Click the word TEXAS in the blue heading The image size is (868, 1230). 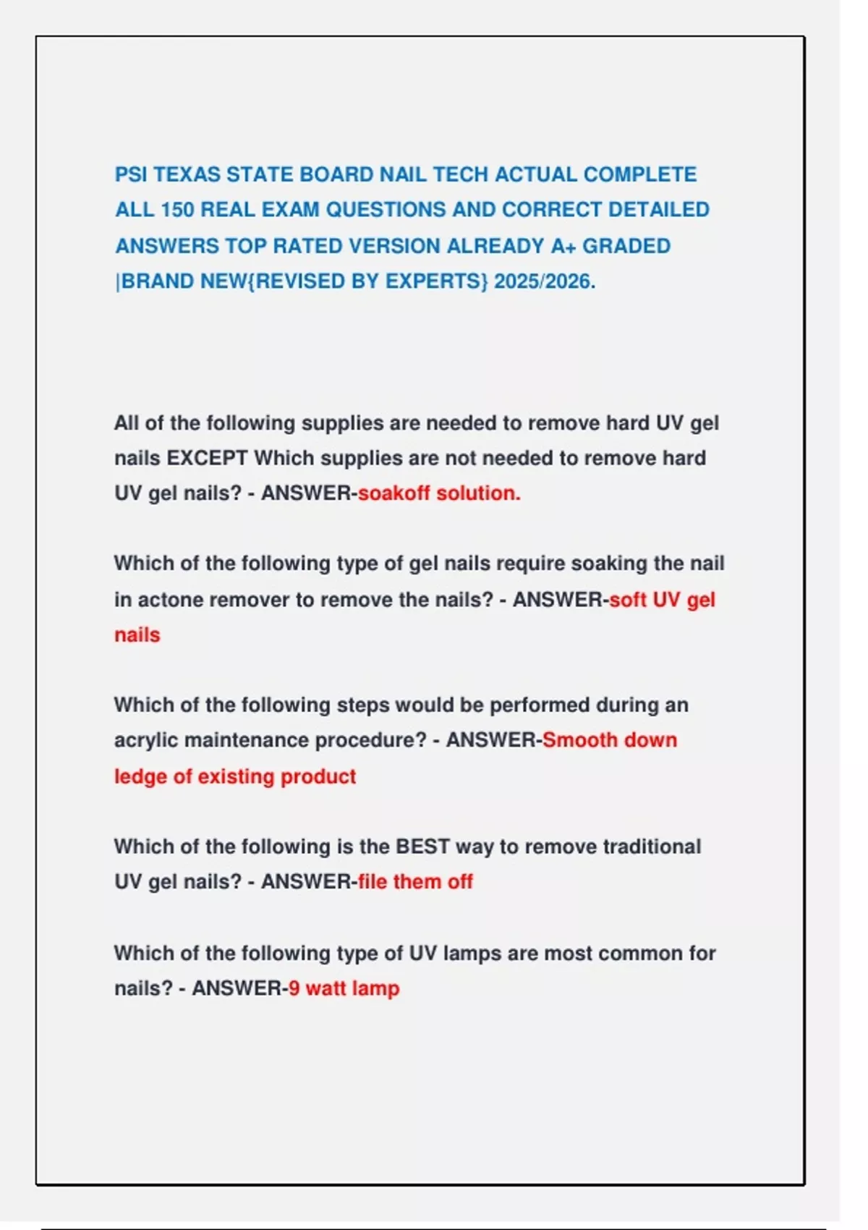pyautogui.click(x=187, y=174)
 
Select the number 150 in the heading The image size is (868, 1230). pyautogui.click(x=176, y=210)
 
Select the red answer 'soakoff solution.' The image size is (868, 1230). pyautogui.click(x=439, y=493)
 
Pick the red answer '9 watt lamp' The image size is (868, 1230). pyautogui.click(x=344, y=988)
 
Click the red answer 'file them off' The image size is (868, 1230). pyautogui.click(x=415, y=882)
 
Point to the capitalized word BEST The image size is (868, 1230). pyautogui.click(x=422, y=847)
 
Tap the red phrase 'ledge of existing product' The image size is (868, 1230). pyautogui.click(x=235, y=776)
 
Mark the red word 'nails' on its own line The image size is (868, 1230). pyautogui.click(x=137, y=635)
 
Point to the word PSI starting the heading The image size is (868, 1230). pyautogui.click(x=131, y=174)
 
